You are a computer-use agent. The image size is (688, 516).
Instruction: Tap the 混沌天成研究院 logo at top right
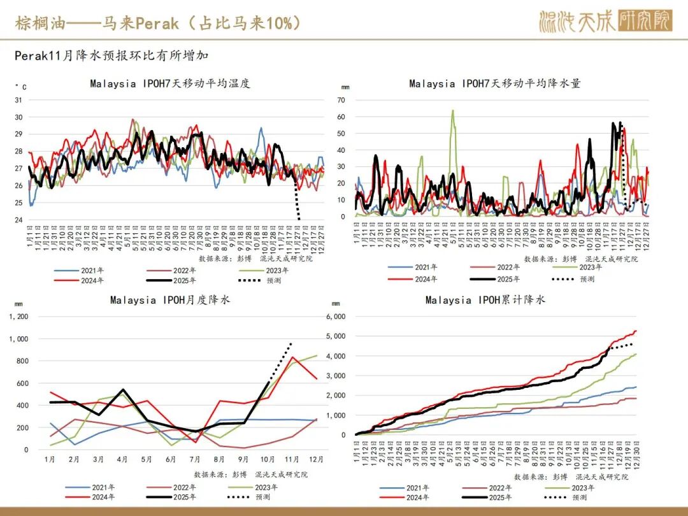605,21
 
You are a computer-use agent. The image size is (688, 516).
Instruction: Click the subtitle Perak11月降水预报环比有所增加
112,56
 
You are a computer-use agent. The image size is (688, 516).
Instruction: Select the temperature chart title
170,83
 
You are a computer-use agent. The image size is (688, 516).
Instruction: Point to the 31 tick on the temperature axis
18,100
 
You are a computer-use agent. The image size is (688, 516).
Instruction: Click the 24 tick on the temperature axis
18,220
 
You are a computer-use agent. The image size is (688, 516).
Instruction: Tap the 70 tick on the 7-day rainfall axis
341,100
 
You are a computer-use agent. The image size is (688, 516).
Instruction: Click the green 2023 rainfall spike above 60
453,112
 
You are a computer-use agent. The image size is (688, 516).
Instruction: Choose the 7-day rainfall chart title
495,83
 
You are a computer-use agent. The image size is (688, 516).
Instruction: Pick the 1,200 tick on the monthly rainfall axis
18,317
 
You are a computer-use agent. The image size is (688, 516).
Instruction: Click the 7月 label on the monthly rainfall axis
195,459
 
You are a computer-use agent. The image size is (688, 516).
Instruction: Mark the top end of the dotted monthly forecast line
291,343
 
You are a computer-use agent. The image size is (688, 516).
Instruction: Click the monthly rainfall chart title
170,300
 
